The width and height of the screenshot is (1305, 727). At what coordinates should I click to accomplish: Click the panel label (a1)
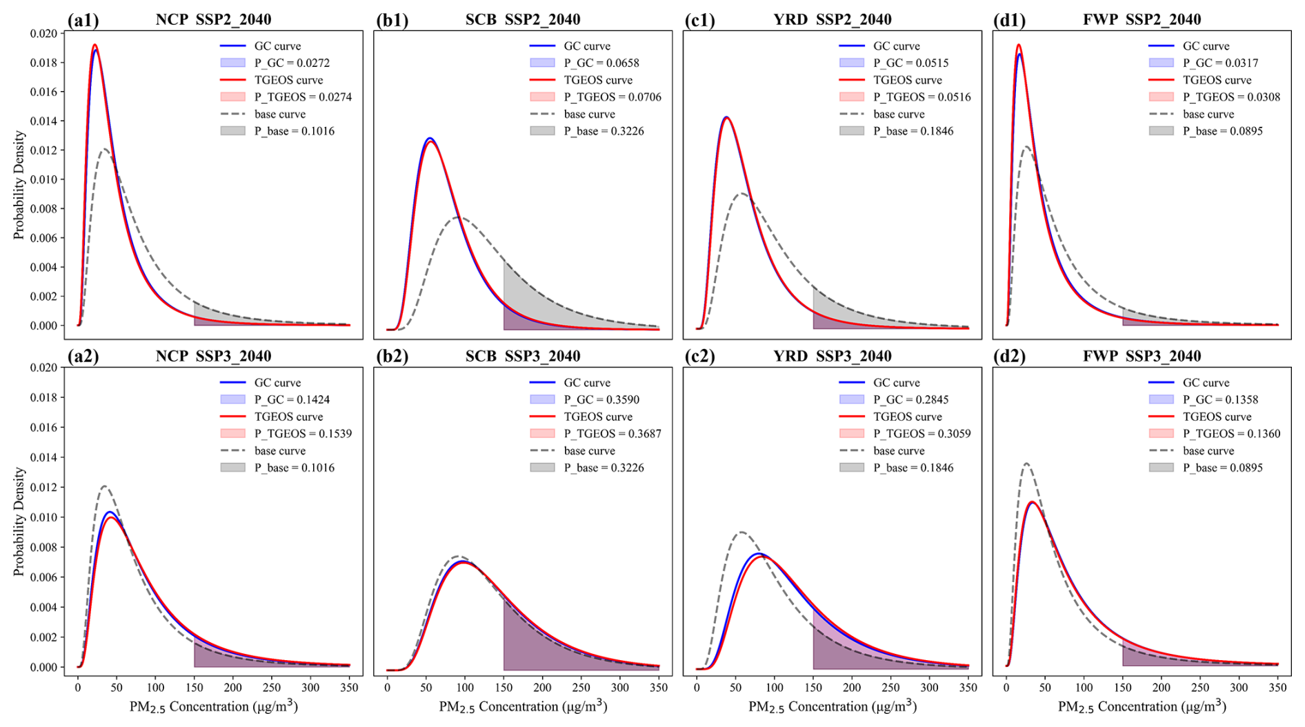click(x=83, y=20)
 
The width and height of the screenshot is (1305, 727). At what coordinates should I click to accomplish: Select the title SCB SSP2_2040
click(x=522, y=19)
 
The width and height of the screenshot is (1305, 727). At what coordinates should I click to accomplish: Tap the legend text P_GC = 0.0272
click(x=292, y=63)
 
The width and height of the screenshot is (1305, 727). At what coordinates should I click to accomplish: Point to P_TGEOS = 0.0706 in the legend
click(x=612, y=97)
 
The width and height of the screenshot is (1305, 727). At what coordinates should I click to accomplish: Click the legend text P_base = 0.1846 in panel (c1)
click(x=913, y=131)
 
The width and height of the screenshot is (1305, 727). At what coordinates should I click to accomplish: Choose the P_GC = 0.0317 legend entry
click(x=1220, y=63)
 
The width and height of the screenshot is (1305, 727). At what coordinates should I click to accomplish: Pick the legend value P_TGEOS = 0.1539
click(x=303, y=434)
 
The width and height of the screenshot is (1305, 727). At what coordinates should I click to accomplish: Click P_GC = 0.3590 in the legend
click(x=601, y=399)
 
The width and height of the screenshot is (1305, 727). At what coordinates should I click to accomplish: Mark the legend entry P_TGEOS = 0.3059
click(x=922, y=434)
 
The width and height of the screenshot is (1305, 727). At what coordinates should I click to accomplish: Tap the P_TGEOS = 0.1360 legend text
click(x=1231, y=434)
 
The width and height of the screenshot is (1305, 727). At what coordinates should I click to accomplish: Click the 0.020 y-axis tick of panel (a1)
click(x=43, y=33)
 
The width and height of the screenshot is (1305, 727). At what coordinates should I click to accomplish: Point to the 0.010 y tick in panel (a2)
click(x=43, y=517)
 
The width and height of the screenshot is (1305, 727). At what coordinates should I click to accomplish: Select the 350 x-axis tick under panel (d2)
click(x=1277, y=688)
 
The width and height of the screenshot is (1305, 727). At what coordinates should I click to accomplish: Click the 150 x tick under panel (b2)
click(x=504, y=688)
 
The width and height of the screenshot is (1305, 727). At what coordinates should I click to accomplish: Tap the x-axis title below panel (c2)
click(x=833, y=706)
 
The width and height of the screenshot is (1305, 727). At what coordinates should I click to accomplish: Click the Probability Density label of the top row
click(x=19, y=185)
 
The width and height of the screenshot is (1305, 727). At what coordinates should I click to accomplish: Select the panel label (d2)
click(x=1009, y=357)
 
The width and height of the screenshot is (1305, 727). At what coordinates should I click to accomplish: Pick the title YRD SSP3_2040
click(x=832, y=357)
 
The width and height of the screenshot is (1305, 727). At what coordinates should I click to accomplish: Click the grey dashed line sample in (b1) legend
click(x=542, y=114)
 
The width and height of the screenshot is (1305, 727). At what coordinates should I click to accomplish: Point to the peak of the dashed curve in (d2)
click(x=1026, y=464)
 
